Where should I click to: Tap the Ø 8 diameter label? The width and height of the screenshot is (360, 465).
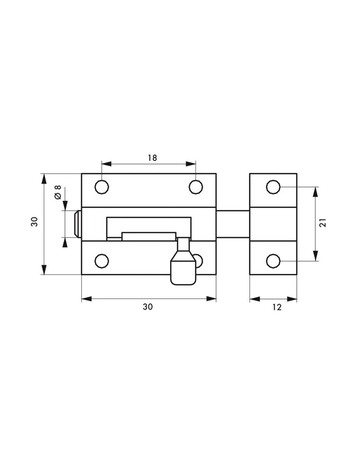(58, 194)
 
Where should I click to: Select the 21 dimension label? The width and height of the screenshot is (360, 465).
(323, 223)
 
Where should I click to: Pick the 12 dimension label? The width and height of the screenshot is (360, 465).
(277, 307)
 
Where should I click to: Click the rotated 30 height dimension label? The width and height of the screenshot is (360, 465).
(34, 222)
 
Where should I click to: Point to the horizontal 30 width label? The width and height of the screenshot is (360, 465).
(148, 307)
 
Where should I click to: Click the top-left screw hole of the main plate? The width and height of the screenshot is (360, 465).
(102, 187)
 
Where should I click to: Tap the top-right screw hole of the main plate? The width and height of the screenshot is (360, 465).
(195, 187)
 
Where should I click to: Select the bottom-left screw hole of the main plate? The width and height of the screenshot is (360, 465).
(102, 261)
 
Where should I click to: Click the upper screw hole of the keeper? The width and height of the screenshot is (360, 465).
(273, 187)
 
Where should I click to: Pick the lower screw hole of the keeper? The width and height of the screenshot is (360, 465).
(273, 262)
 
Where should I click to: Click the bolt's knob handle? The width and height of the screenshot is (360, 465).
(183, 266)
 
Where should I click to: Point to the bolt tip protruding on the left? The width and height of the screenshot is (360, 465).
(77, 225)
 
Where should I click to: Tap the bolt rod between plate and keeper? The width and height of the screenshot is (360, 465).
(232, 224)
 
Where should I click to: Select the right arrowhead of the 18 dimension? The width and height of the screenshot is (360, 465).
(192, 164)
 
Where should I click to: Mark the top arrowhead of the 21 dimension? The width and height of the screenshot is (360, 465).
(316, 191)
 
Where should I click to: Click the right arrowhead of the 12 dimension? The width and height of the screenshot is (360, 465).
(294, 299)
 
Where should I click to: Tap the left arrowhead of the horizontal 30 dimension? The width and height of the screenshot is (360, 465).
(85, 299)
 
